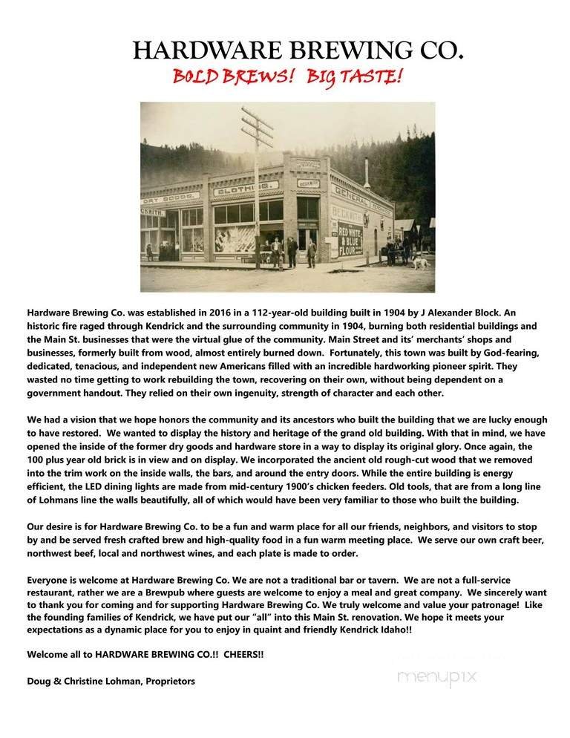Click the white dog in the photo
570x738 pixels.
pos(421,262)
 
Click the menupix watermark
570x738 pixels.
pos(437,677)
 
